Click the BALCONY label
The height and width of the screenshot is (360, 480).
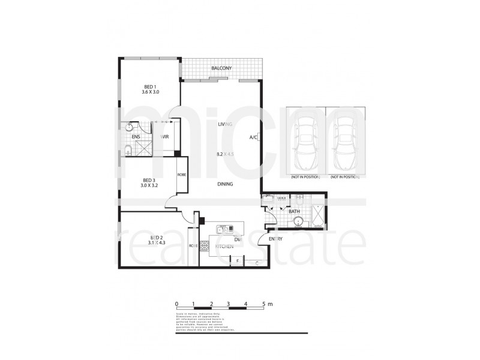[221, 69]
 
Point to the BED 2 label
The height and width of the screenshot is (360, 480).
[158, 239]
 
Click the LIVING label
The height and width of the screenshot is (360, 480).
[226, 124]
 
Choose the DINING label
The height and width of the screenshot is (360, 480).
[226, 185]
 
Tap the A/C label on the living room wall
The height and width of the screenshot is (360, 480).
[253, 137]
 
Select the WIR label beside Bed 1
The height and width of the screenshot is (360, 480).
[164, 137]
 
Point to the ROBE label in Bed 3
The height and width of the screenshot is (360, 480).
[181, 175]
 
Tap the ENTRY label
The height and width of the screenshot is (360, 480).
[276, 239]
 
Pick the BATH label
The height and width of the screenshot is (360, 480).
[295, 211]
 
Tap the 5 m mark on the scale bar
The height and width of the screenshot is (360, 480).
[264, 305]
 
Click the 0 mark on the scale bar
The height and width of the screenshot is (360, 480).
[177, 305]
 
